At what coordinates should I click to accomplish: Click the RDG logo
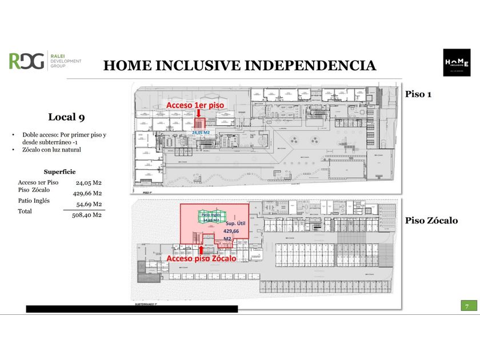(x=26, y=61)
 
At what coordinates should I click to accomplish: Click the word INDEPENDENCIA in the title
(x=311, y=66)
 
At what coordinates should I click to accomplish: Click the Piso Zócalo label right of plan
(x=431, y=221)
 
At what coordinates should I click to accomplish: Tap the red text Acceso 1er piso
(x=193, y=106)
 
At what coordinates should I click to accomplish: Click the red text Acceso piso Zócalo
(x=201, y=259)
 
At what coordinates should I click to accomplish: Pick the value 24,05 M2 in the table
(x=89, y=182)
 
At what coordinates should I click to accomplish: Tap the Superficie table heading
(x=59, y=171)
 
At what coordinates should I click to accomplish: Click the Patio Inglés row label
(x=34, y=201)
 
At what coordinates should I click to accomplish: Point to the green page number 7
(x=467, y=307)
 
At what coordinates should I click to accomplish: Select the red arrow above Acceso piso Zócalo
(x=201, y=249)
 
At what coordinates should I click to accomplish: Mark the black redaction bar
(x=131, y=309)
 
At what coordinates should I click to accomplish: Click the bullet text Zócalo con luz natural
(x=51, y=150)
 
